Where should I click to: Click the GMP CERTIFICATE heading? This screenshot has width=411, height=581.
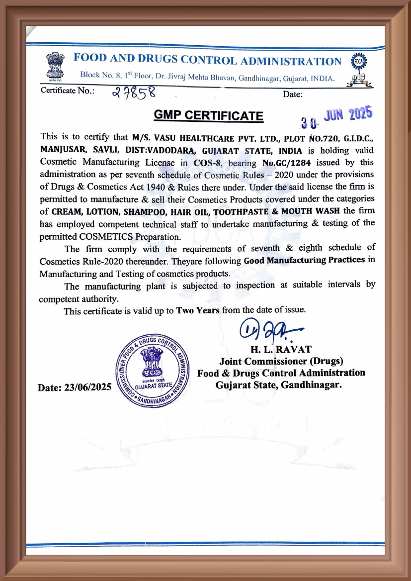coord(208,115)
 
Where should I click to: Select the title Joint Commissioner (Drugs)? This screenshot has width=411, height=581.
coord(281,361)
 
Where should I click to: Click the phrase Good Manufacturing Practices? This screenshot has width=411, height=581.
coord(304,261)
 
